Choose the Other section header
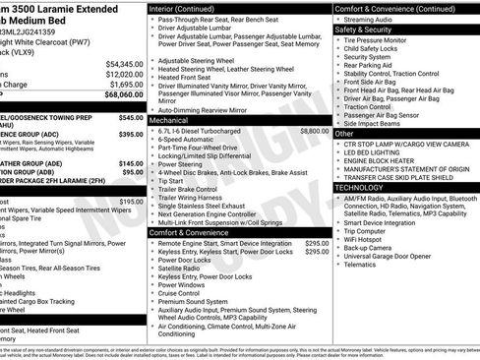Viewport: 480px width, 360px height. (345, 134)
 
